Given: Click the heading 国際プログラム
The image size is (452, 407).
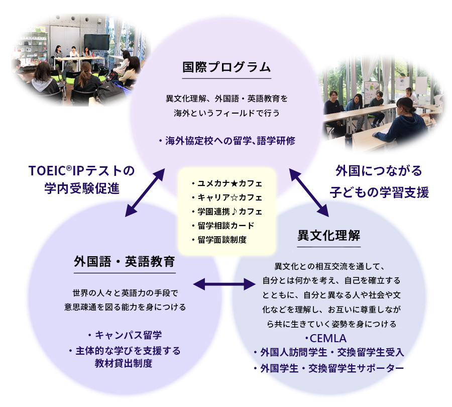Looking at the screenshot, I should click(x=227, y=67).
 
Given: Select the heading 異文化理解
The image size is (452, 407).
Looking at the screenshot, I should click(x=328, y=235).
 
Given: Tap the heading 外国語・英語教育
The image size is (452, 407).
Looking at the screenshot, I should click(x=125, y=261).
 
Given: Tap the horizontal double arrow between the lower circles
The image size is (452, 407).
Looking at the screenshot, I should click(x=224, y=284).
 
